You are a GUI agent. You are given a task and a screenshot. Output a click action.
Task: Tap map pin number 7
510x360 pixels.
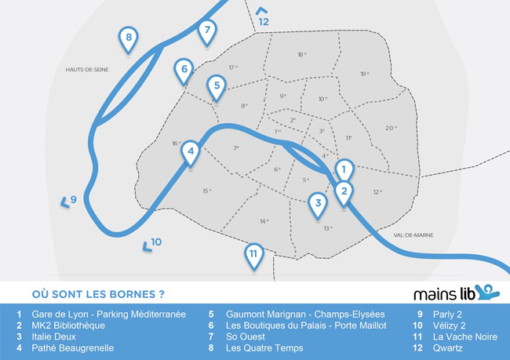tap(206, 32)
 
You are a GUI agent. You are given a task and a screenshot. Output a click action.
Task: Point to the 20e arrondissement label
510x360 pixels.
tap(391, 128)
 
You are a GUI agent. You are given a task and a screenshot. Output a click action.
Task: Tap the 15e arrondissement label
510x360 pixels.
tap(207, 191)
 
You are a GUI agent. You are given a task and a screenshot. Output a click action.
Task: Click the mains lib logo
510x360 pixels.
tap(456, 293)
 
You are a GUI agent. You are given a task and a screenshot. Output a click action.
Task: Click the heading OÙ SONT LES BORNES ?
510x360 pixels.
tap(97, 295)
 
